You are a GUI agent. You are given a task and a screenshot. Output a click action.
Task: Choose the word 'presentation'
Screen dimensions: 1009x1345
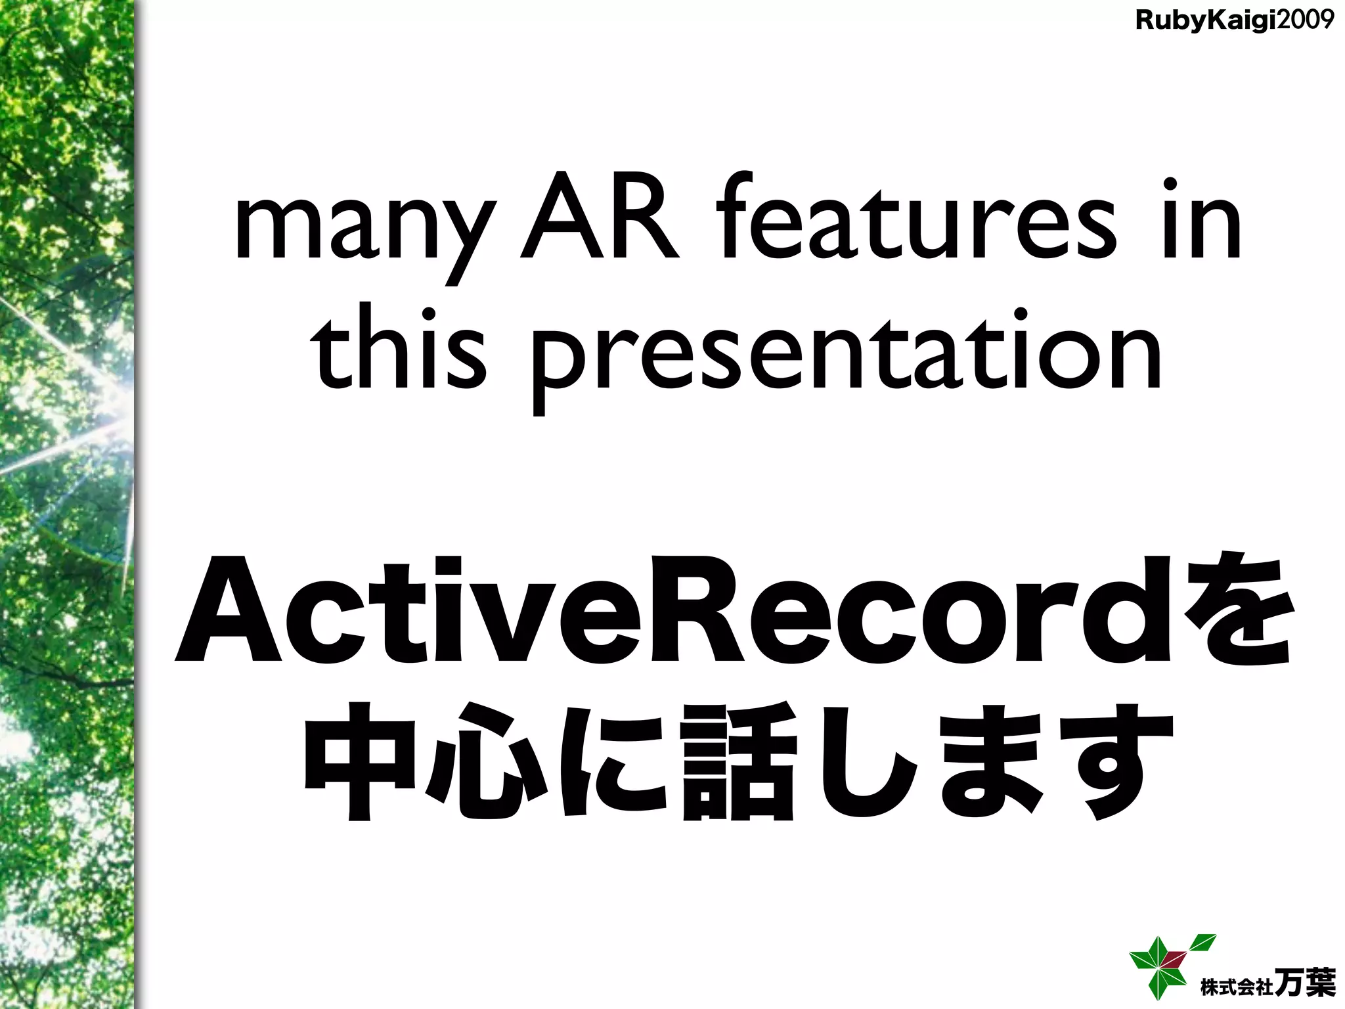(847, 358)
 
